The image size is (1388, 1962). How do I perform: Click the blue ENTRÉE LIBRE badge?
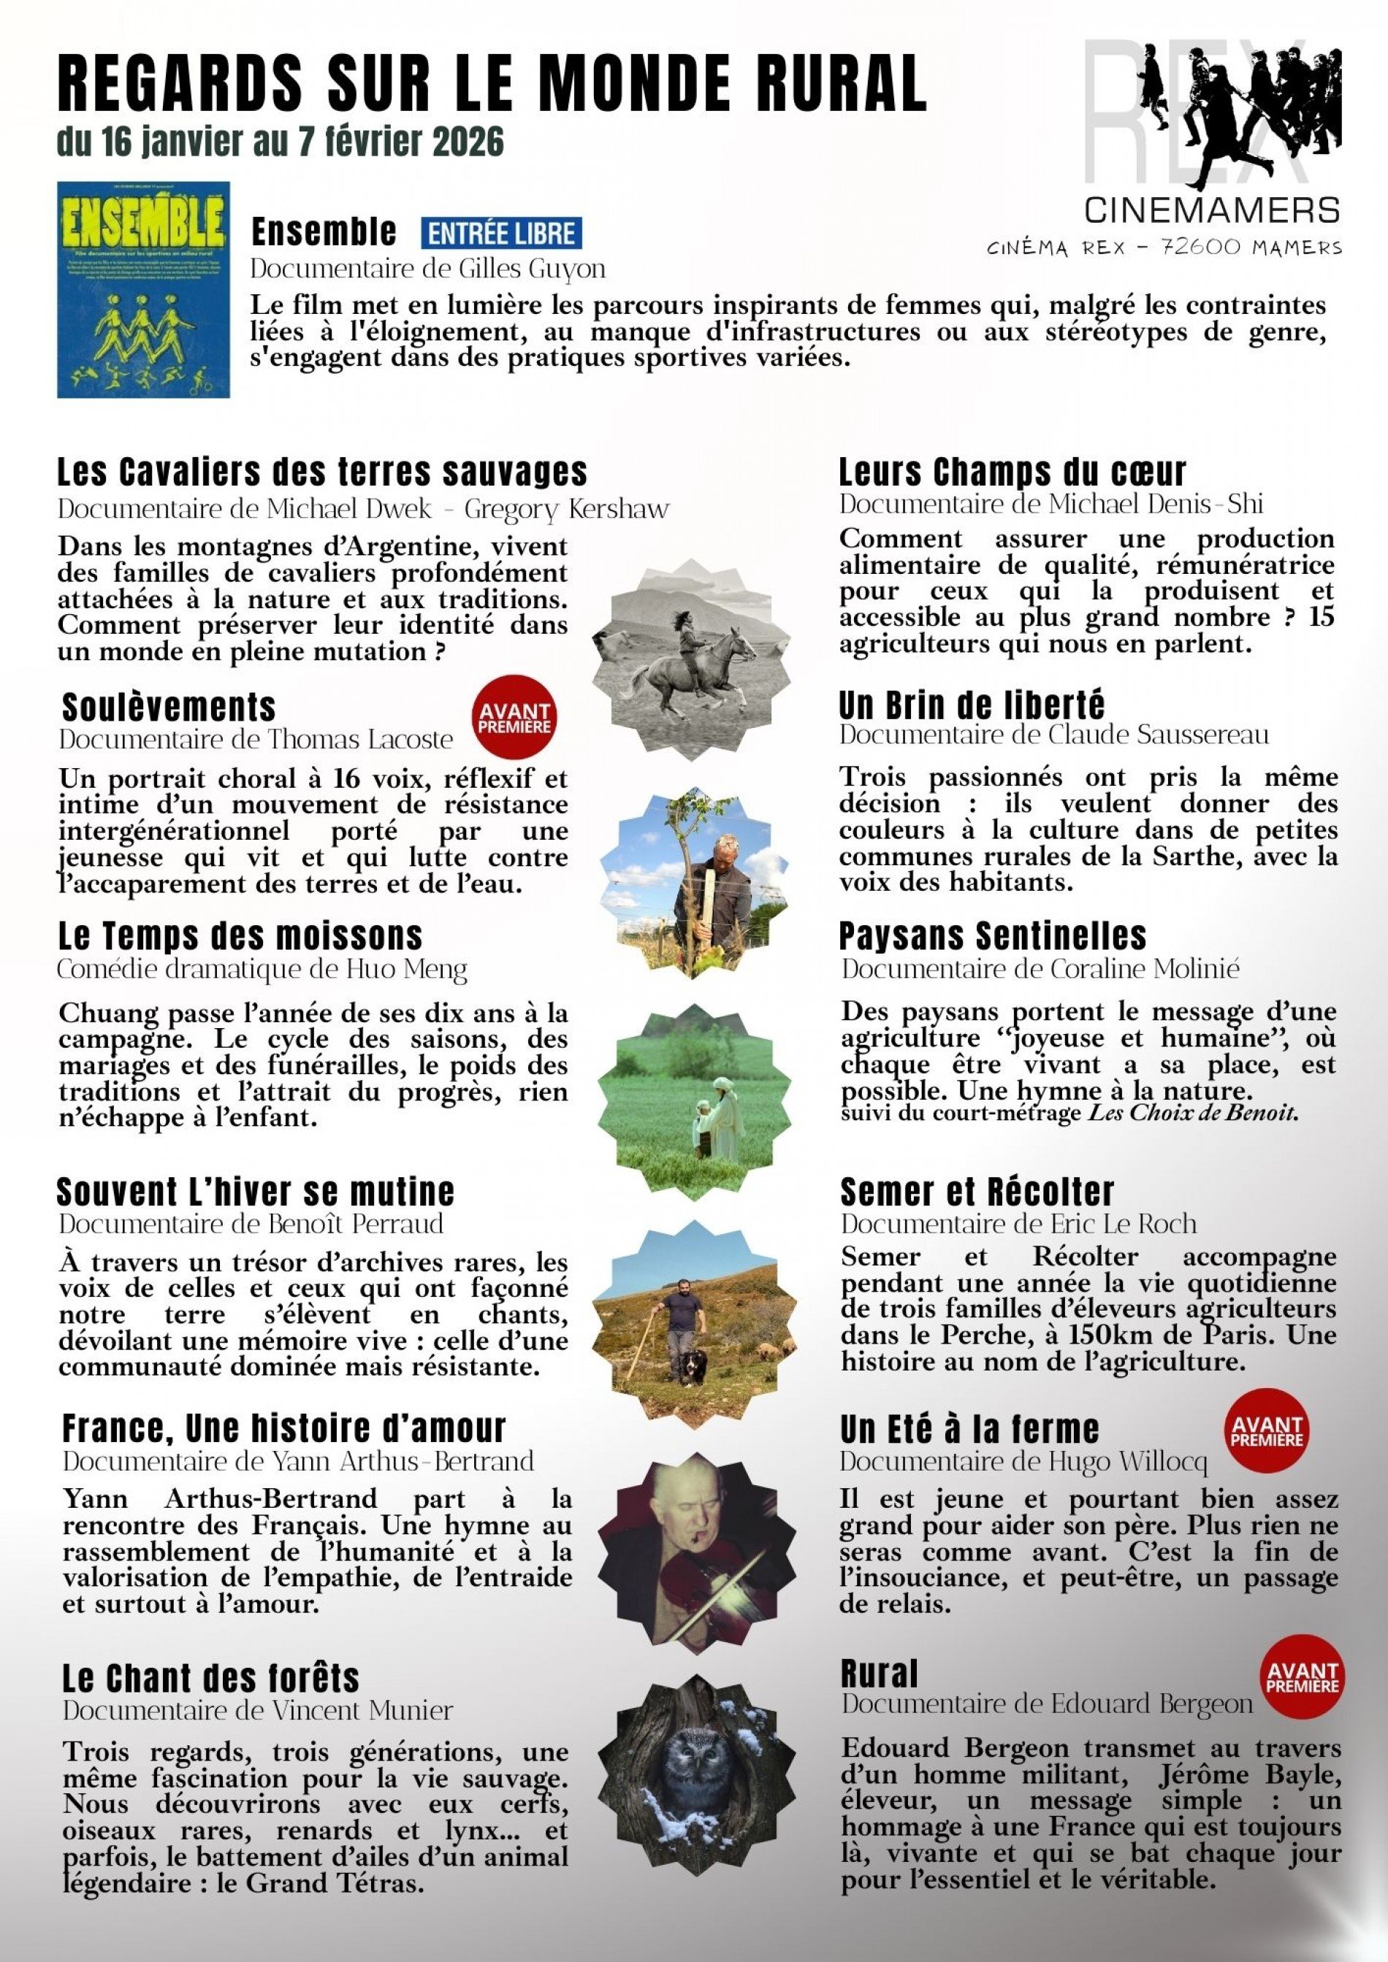click(501, 233)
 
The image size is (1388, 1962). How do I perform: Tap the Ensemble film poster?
click(142, 289)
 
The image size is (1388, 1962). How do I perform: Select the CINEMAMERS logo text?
click(1211, 210)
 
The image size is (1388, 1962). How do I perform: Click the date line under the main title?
click(281, 142)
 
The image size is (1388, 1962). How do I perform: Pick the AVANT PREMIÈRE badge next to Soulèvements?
click(514, 718)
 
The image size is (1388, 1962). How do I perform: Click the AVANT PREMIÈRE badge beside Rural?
click(1303, 1677)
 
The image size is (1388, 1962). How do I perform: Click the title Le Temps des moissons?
click(240, 935)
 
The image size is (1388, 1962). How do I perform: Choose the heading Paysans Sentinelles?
click(992, 935)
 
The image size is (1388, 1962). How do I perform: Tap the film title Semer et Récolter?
click(977, 1192)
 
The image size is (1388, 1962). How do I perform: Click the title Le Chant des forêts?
click(210, 1679)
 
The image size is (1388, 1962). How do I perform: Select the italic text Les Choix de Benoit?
click(1193, 1114)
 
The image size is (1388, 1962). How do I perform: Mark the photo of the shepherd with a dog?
click(695, 1309)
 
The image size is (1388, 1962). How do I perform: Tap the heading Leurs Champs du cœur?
click(1012, 472)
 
